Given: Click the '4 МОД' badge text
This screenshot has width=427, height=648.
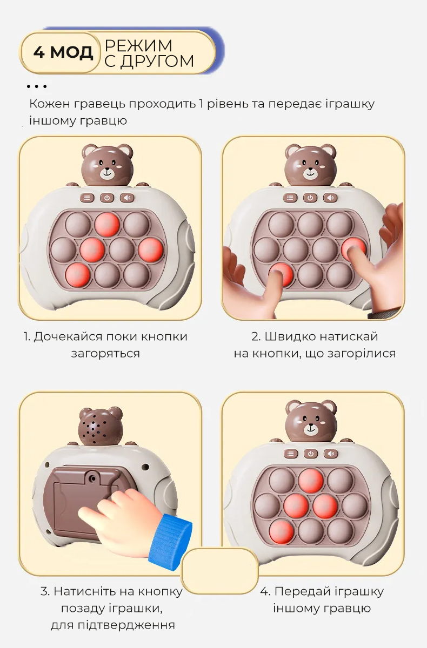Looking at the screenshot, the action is click(x=63, y=53).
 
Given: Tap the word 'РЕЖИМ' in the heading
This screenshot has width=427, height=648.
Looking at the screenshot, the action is click(x=138, y=45).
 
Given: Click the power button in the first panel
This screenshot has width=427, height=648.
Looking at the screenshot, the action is click(x=107, y=198).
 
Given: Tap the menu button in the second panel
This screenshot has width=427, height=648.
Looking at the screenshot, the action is click(x=290, y=198).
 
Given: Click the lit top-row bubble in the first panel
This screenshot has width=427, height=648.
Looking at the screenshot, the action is click(x=107, y=225).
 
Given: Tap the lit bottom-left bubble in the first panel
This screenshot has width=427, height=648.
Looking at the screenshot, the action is click(x=77, y=275).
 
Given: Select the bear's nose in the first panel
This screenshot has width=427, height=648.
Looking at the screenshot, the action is click(x=108, y=169).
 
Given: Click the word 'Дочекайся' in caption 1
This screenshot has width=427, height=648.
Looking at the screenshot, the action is click(x=68, y=337).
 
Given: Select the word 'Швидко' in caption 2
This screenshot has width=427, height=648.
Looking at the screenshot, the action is click(x=291, y=337).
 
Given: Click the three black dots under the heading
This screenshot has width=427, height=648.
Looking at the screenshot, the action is click(x=36, y=86).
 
